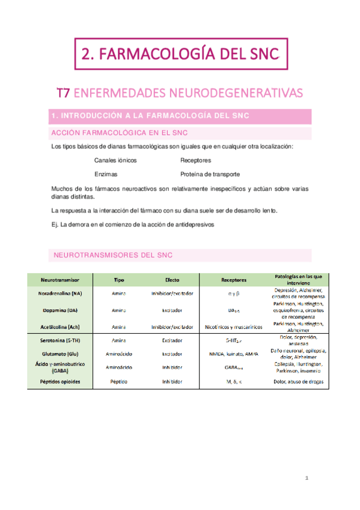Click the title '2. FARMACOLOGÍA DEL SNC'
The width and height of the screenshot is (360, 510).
click(180, 54)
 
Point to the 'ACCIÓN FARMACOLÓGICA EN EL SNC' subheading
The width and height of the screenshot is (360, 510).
click(117, 133)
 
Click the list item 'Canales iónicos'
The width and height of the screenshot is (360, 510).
click(115, 161)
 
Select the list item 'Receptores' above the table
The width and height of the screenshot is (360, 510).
click(195, 161)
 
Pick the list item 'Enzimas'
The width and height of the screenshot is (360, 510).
click(106, 174)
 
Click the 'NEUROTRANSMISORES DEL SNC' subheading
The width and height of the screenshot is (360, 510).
click(113, 255)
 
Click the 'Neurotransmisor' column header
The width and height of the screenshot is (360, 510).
click(59, 280)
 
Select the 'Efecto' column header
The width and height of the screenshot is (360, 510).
click(172, 280)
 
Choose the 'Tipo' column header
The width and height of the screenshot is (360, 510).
click(119, 280)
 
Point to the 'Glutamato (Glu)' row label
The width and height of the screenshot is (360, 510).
click(59, 354)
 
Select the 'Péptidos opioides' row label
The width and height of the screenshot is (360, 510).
click(59, 381)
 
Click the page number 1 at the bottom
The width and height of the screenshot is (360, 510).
click(307, 479)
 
